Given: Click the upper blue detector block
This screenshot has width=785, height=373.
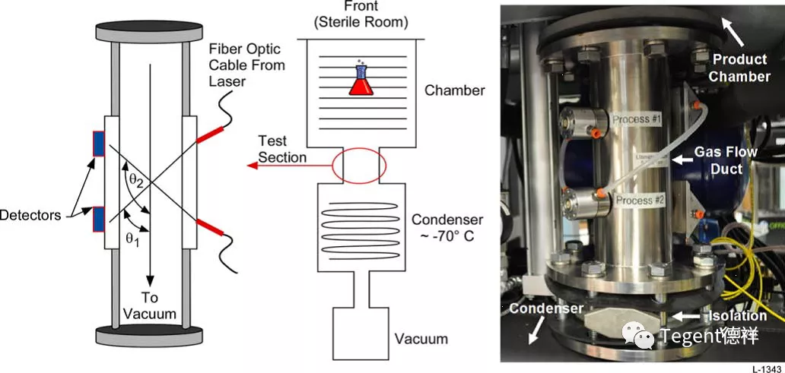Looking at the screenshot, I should [99, 144].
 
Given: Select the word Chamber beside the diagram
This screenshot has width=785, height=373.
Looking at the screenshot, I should [454, 90].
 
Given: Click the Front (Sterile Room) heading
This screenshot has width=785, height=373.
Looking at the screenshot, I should [361, 14].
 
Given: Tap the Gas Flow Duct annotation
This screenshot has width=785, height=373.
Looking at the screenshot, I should [729, 160].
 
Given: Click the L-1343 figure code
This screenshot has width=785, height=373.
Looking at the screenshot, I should [767, 368].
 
